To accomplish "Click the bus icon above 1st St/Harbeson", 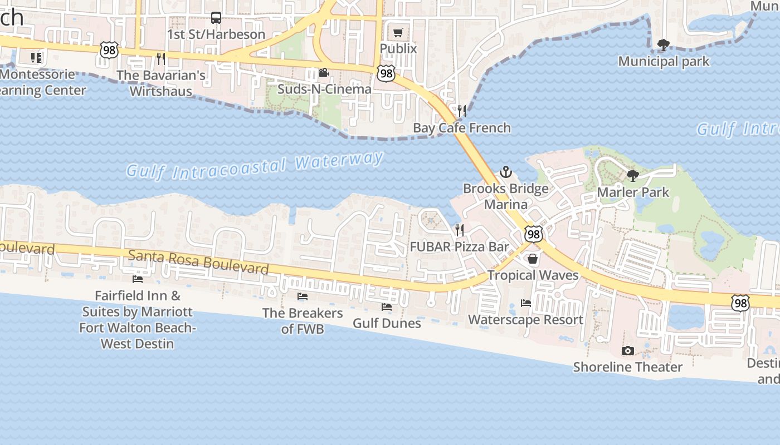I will click(216, 18).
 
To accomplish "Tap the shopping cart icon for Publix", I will click(398, 32).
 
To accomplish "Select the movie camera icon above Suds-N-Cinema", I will click(324, 73).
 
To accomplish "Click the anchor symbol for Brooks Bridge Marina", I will click(505, 172).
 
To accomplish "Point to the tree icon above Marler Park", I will click(632, 176).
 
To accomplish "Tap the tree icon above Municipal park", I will click(663, 45).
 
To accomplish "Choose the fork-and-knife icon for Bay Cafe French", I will click(461, 111).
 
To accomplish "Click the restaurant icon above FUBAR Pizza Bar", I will click(460, 230).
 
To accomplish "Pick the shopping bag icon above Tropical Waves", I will click(533, 259).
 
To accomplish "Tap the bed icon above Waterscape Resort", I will click(525, 303).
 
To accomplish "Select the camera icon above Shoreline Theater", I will click(627, 350).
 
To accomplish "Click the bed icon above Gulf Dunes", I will click(386, 307).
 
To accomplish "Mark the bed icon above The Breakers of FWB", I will click(303, 296).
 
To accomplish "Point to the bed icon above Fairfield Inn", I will click(137, 279).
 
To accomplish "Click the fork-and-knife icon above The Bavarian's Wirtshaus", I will click(160, 58).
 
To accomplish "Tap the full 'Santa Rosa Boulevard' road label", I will click(198, 262).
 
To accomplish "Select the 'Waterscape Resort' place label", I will click(525, 320).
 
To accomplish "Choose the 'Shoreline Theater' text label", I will click(627, 367).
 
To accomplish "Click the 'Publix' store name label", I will click(398, 49).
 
